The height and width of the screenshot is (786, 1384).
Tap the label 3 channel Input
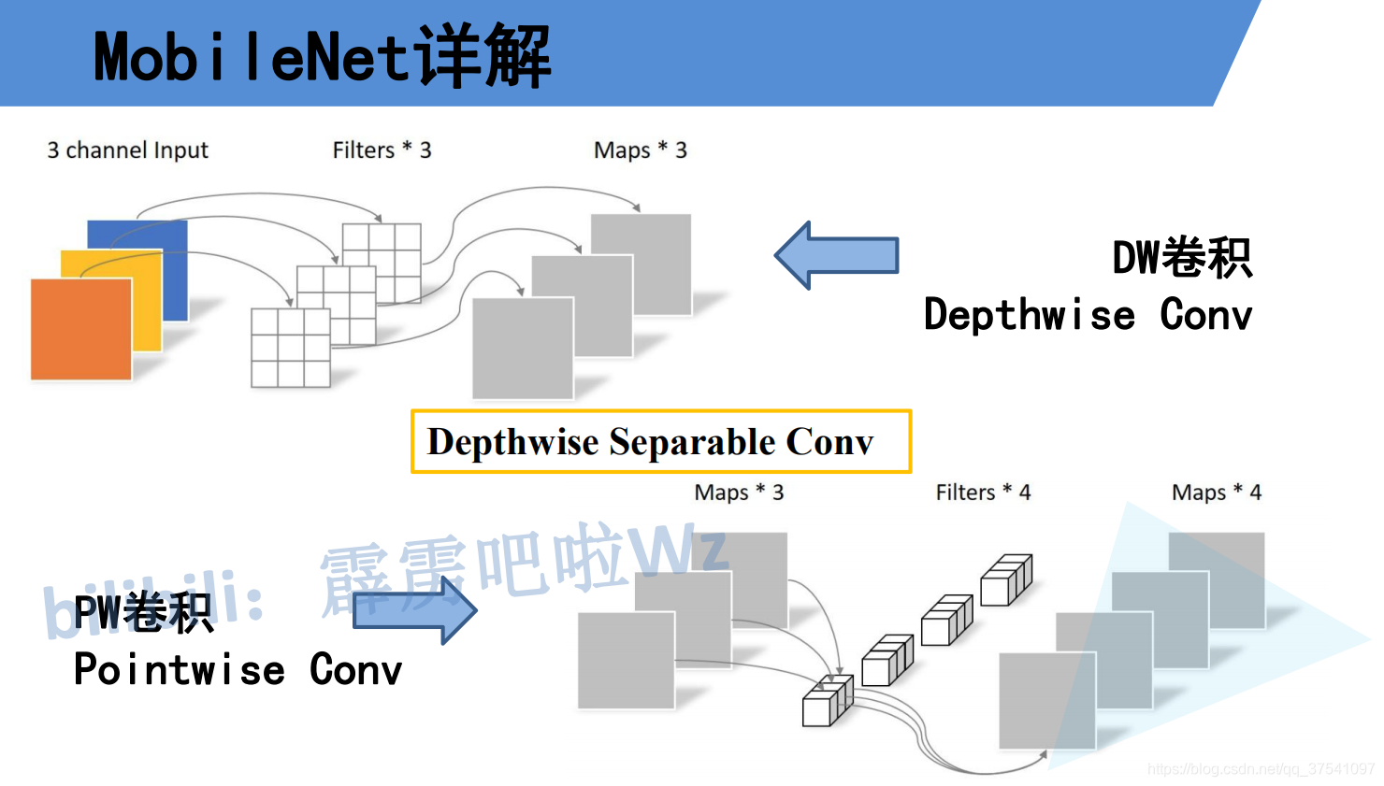(127, 150)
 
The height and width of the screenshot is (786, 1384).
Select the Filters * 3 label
(382, 150)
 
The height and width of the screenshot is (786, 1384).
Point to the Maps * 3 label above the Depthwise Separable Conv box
(640, 150)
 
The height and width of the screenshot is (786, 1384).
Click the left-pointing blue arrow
(836, 255)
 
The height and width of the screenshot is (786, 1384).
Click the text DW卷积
(1181, 258)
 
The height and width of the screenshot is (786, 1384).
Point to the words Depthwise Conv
(1088, 315)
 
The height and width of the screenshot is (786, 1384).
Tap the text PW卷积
(143, 613)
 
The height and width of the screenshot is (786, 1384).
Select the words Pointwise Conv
(238, 670)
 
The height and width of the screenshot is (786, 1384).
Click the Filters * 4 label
(983, 493)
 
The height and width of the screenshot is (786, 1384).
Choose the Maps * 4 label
(1216, 493)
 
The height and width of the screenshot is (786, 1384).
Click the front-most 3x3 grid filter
(291, 347)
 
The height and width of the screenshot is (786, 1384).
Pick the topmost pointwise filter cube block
(1005, 579)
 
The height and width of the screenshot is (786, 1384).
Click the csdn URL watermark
(1260, 769)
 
